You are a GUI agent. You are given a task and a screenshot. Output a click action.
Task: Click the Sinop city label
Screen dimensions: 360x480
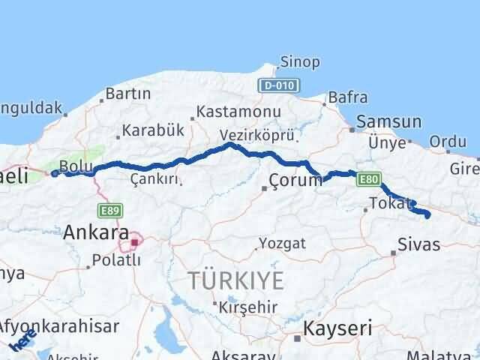(x=299, y=62)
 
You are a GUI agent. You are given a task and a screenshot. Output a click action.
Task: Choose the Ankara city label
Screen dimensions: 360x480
(x=95, y=232)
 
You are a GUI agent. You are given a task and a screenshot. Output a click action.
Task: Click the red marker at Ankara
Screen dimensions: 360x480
(x=134, y=242)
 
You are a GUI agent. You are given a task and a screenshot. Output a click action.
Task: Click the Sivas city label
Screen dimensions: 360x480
(x=418, y=244)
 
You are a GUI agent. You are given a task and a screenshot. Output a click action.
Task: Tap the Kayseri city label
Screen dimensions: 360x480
(x=337, y=328)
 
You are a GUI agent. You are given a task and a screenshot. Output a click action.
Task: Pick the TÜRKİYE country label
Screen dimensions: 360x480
(x=236, y=281)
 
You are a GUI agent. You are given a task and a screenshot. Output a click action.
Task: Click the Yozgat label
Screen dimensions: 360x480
(x=283, y=243)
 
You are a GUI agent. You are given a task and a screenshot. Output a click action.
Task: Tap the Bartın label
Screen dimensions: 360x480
(x=128, y=94)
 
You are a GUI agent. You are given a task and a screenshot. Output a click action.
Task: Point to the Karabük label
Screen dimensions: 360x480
(x=153, y=129)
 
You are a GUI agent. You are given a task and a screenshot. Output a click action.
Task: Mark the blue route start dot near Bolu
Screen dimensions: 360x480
(x=55, y=173)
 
